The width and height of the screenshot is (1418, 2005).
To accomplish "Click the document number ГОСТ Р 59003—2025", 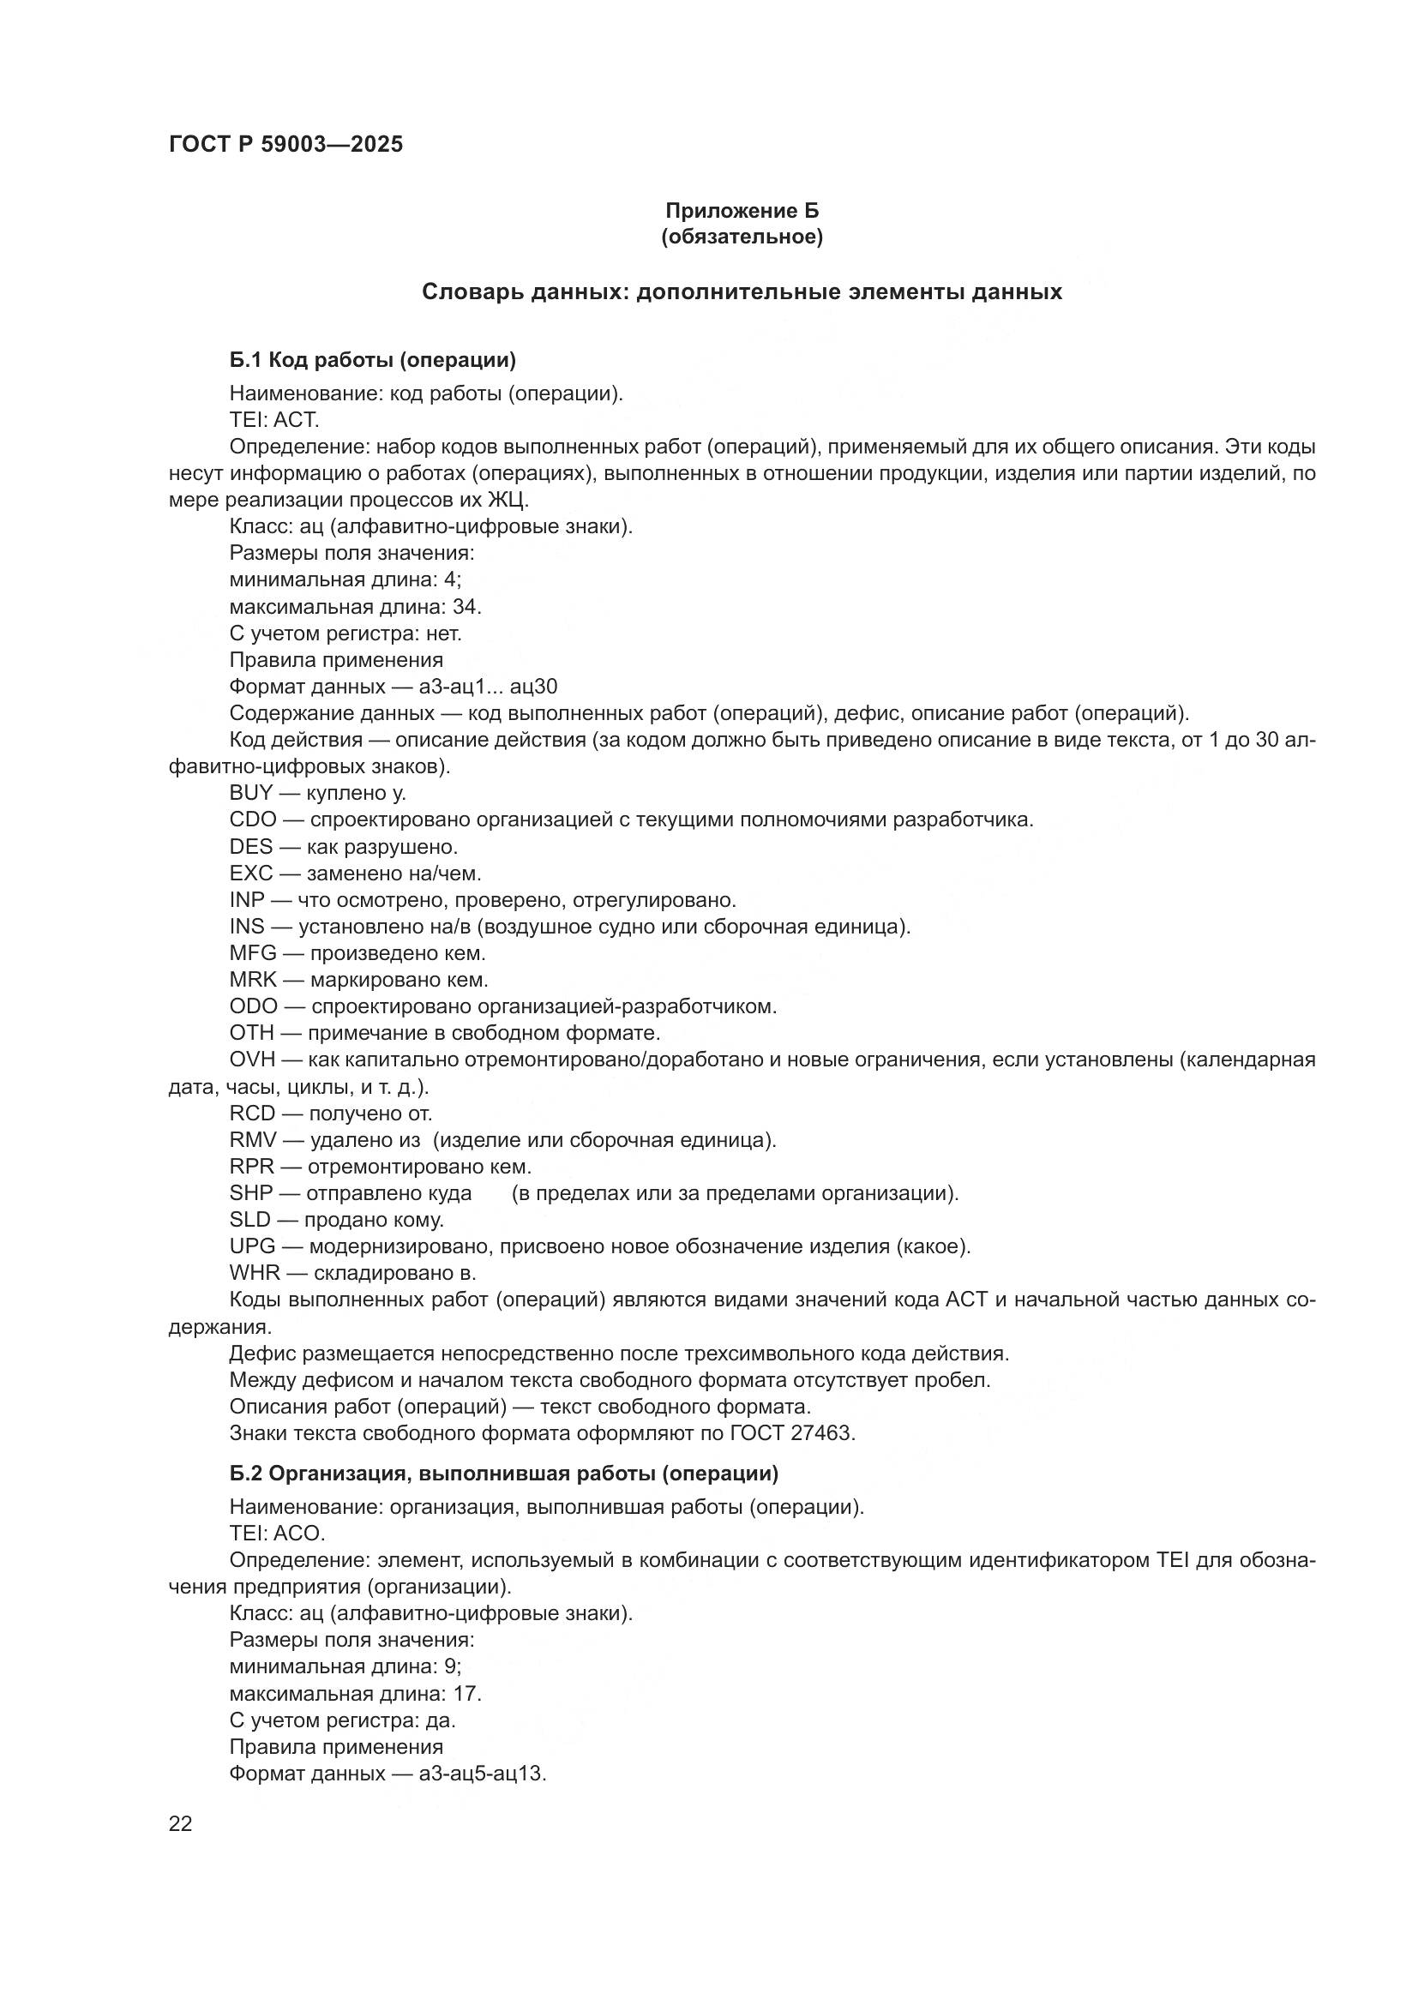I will click(x=285, y=145).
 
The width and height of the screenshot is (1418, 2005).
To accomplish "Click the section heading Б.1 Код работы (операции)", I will click(x=373, y=360).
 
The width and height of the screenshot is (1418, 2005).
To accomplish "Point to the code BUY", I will click(x=250, y=793).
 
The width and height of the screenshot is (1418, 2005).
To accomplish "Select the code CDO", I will click(x=252, y=820).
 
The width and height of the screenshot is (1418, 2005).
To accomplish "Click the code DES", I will click(x=250, y=846).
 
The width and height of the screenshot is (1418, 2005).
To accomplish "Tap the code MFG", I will click(x=252, y=952).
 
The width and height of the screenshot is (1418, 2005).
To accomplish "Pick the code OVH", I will click(x=251, y=1060).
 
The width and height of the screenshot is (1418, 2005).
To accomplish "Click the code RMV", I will click(x=252, y=1139).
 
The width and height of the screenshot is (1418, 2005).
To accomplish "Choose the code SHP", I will click(x=250, y=1193).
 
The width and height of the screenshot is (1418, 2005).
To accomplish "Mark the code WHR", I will click(x=254, y=1273).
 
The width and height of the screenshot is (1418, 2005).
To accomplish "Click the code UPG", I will click(x=251, y=1246).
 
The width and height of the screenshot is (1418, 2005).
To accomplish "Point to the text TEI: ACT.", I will click(x=274, y=420).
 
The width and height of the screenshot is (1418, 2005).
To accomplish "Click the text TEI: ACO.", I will click(x=277, y=1534).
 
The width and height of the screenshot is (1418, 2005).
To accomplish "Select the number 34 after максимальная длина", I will click(x=466, y=607).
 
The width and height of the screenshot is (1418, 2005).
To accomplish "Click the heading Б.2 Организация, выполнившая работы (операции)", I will click(x=504, y=1474).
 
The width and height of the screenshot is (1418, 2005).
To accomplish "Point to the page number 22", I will click(x=180, y=1824).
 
